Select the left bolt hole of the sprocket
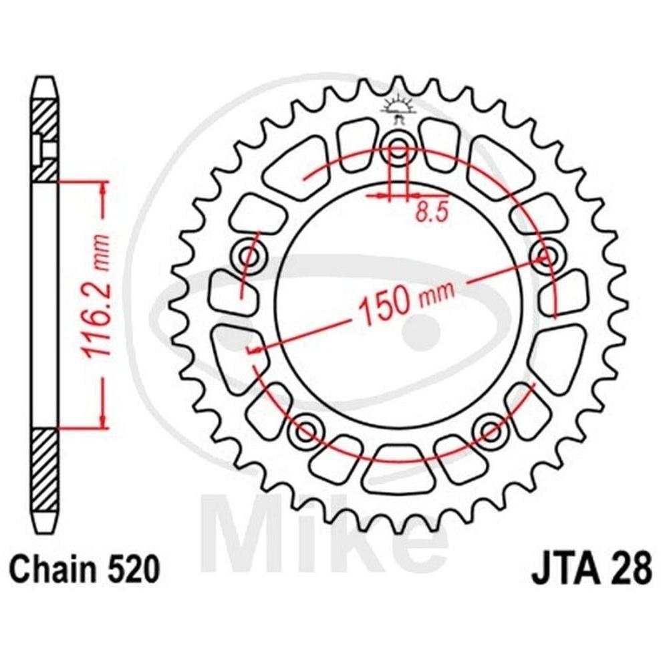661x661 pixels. [x=249, y=255]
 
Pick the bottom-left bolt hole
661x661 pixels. [x=305, y=431]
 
